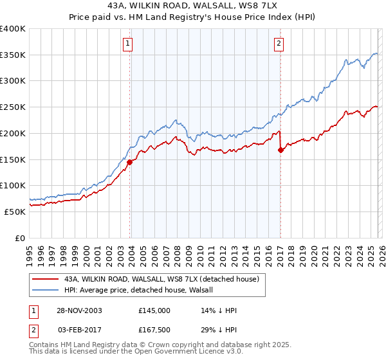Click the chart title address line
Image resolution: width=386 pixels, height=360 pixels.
193,6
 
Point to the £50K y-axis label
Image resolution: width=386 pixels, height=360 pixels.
15,211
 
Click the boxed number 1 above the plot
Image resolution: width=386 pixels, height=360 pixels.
128,44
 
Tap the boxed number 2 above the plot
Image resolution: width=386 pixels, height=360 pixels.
279,44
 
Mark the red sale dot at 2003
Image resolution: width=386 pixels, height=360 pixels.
130,162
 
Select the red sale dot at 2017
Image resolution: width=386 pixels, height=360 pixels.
280,150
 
